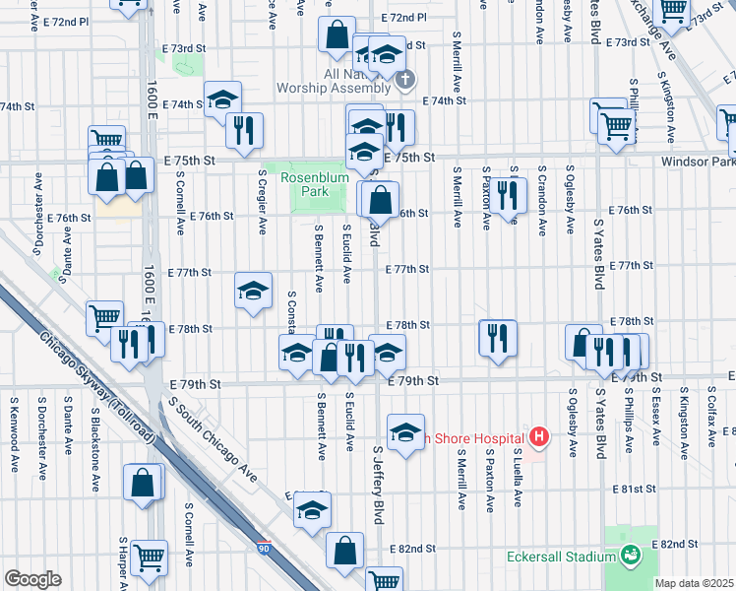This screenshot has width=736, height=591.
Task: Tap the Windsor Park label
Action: [x=701, y=161]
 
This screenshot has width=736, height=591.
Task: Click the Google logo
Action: [x=31, y=579]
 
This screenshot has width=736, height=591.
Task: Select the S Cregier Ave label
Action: [x=262, y=201]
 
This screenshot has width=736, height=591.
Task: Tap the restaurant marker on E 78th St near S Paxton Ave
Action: [x=498, y=338]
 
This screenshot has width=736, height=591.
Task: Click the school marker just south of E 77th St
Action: [x=253, y=291]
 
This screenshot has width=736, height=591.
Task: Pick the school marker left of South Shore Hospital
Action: [x=405, y=432]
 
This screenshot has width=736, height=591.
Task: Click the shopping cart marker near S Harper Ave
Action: [x=149, y=558]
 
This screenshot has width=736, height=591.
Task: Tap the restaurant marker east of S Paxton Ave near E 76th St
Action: [x=507, y=195]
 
